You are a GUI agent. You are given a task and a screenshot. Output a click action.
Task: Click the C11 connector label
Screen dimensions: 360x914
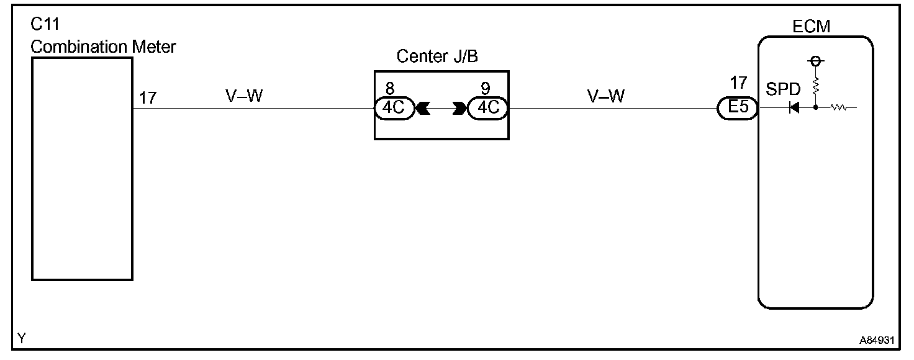(45, 27)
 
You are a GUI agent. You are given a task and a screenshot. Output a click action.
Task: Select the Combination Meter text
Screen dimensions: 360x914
(103, 47)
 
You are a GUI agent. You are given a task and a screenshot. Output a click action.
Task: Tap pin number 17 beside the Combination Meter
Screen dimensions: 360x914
(147, 97)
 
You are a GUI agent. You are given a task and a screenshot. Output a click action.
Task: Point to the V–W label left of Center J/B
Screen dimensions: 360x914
(244, 96)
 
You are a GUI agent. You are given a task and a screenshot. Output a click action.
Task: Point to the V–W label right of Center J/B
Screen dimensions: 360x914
(606, 96)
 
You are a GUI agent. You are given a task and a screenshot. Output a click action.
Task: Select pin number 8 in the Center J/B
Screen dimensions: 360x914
(389, 89)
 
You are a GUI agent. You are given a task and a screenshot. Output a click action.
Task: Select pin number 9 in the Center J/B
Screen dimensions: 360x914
(485, 89)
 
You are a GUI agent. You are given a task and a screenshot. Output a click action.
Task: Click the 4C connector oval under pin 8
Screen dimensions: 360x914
(394, 108)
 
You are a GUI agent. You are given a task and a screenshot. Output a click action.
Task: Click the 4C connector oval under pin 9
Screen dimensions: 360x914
(487, 108)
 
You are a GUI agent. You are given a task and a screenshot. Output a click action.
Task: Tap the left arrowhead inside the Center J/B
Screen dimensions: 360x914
(422, 109)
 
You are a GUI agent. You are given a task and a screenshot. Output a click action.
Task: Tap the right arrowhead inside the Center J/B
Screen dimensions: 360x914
(460, 109)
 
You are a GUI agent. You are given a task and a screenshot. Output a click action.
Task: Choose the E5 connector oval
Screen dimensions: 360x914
(738, 109)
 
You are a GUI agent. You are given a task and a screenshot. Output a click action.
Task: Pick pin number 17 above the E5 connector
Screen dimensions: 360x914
(738, 83)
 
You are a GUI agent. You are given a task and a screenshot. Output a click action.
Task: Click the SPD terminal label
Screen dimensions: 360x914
(784, 89)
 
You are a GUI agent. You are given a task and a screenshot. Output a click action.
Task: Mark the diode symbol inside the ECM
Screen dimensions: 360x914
(794, 108)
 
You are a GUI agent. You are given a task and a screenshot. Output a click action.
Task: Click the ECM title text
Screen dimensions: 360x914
(811, 27)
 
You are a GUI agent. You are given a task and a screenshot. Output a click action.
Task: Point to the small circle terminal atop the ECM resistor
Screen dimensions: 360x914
(815, 61)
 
